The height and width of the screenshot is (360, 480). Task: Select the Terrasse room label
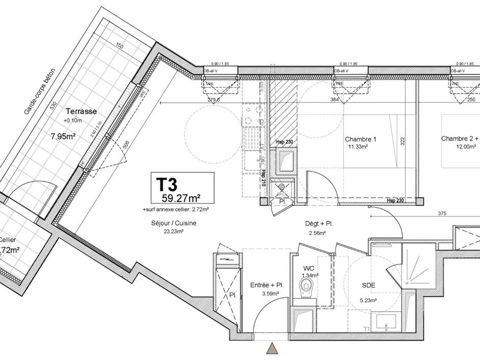[81, 111]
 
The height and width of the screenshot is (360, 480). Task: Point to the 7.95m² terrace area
[63, 136]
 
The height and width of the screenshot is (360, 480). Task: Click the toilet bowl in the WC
[307, 286]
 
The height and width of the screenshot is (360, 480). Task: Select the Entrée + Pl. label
[267, 285]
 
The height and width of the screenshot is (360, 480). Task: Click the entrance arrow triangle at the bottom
[272, 349]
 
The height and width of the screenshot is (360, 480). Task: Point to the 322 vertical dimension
[402, 140]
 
